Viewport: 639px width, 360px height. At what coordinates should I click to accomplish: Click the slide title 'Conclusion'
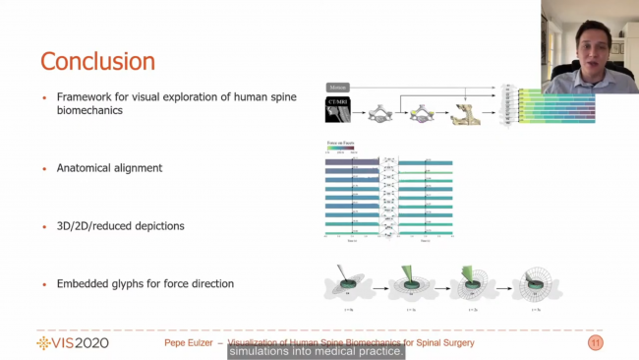(97, 61)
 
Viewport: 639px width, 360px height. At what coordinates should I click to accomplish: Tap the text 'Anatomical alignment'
(109, 168)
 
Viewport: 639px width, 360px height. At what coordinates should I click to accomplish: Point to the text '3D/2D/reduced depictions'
(120, 225)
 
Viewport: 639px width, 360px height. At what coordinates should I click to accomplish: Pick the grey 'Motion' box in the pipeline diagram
(337, 88)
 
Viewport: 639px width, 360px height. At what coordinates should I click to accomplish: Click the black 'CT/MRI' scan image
(338, 111)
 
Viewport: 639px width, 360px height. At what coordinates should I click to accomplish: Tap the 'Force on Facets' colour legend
(339, 148)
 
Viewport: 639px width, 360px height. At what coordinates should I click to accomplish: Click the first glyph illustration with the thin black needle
(345, 284)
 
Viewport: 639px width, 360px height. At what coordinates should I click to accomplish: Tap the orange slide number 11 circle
(595, 342)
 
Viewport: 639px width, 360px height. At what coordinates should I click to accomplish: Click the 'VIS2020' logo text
(73, 342)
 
